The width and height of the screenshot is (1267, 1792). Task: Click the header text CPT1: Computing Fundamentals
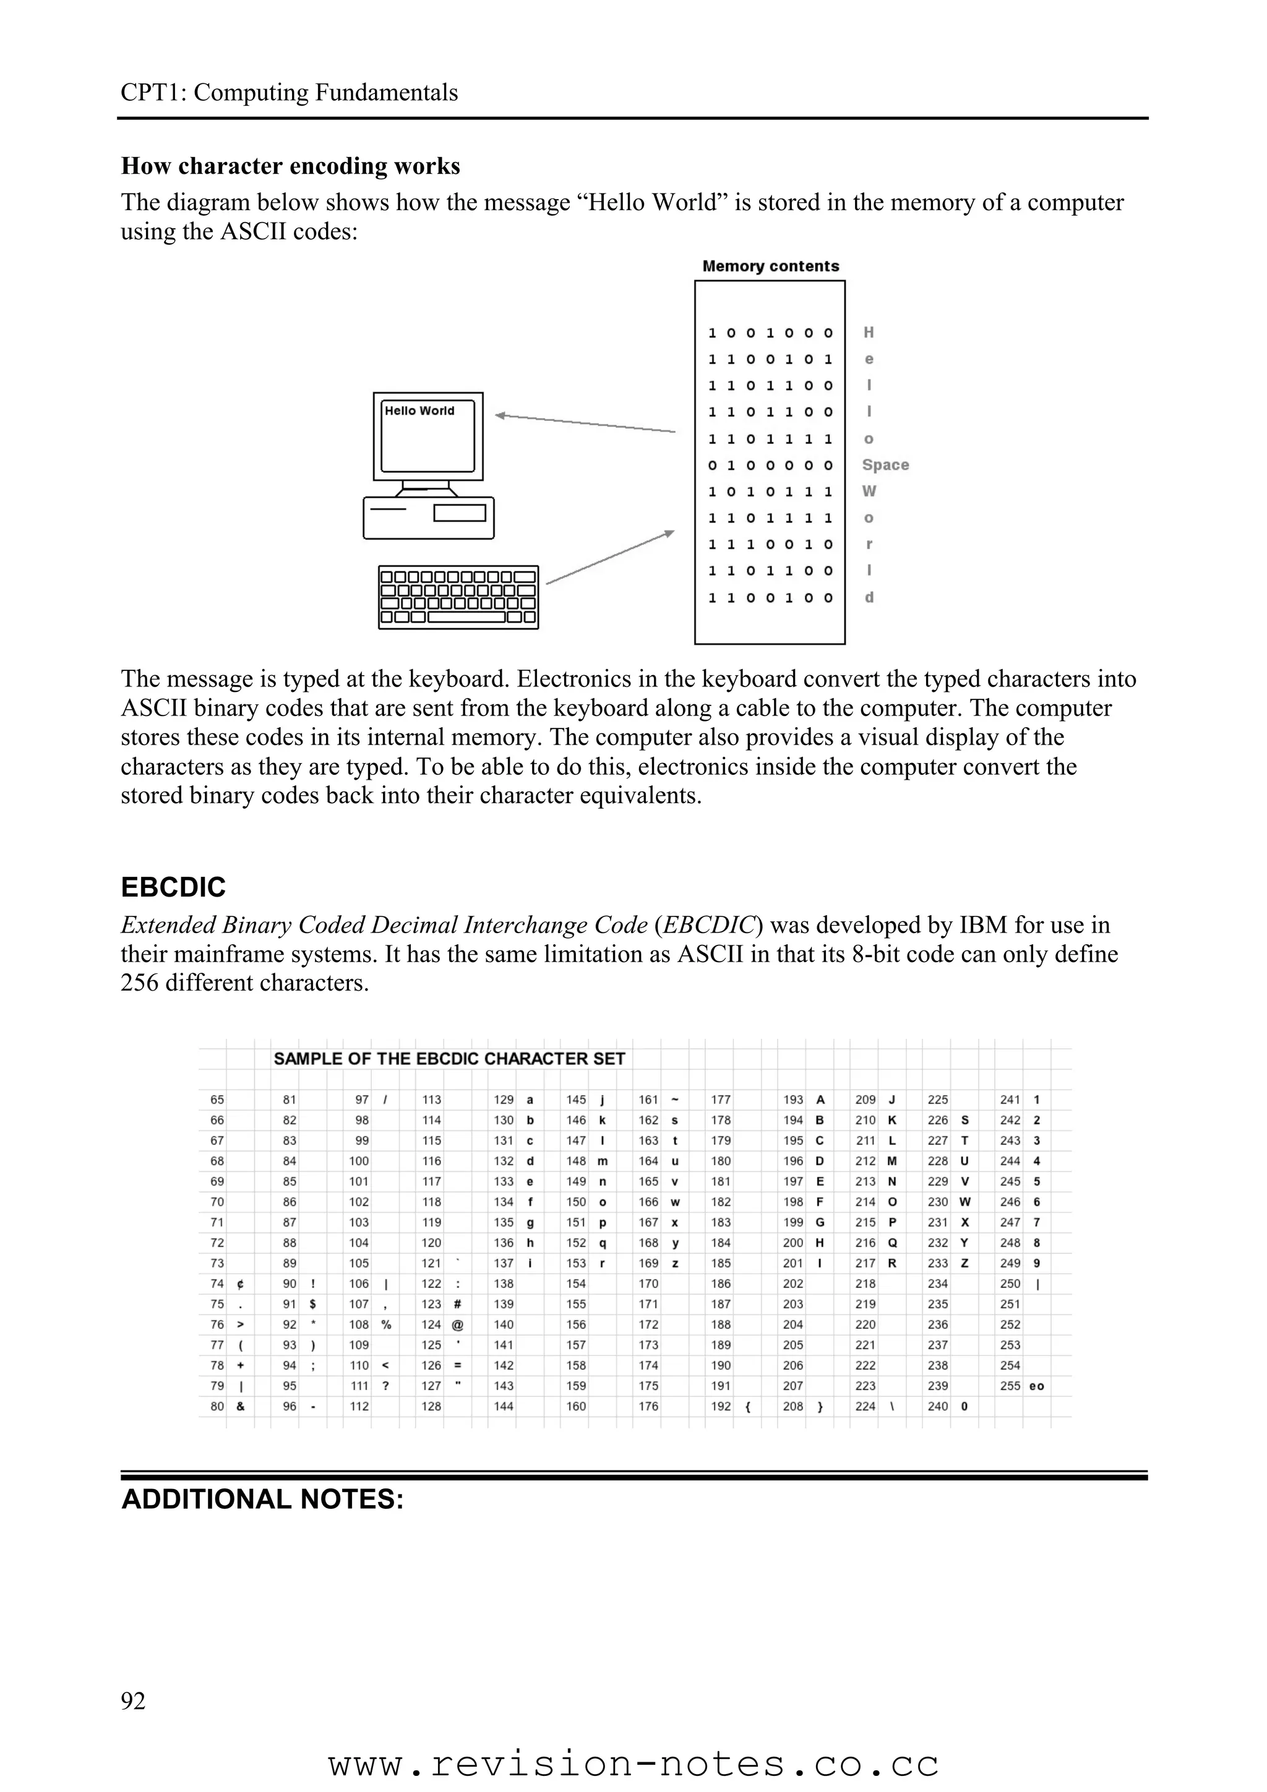tap(289, 93)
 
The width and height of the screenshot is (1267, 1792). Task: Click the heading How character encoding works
tap(290, 166)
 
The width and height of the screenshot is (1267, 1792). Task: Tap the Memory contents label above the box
tap(770, 266)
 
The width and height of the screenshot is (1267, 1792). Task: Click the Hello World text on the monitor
tap(419, 411)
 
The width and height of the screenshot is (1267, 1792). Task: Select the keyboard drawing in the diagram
tap(458, 597)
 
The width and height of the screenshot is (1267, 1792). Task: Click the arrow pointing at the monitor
tap(585, 423)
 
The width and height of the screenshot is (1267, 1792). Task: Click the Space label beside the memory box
tap(885, 465)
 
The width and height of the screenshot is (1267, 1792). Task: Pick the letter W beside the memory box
tap(869, 492)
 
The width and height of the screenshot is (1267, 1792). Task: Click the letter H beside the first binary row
tap(868, 333)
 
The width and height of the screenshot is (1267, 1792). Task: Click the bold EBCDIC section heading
tap(173, 887)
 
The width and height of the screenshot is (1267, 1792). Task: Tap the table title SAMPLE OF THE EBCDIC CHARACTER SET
tap(449, 1059)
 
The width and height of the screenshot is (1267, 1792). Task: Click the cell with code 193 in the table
tap(793, 1099)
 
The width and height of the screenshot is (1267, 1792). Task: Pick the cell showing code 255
tap(1010, 1386)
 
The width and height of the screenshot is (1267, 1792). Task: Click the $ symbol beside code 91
tap(312, 1304)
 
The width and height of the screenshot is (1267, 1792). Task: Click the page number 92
tap(134, 1700)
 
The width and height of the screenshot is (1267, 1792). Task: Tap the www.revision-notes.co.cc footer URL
tap(633, 1764)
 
